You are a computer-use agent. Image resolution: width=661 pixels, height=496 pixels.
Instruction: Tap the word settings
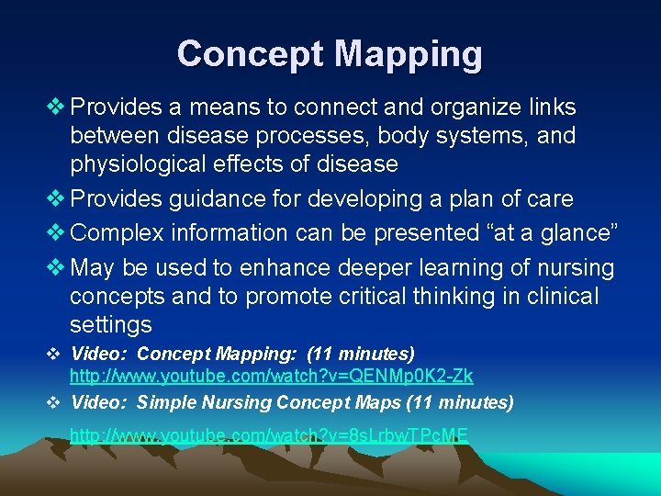111,325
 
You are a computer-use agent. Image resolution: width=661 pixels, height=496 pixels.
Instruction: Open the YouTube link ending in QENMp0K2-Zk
272,376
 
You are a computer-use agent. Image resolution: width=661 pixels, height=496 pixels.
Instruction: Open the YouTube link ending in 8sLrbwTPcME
269,434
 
